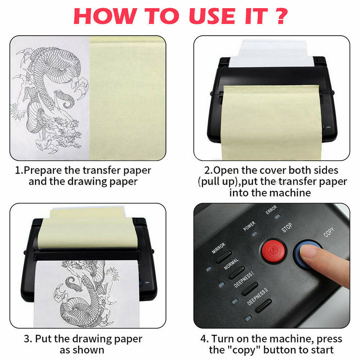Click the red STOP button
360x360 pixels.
tap(273, 251)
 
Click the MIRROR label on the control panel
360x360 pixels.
tap(218, 248)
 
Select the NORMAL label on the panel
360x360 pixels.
tap(231, 264)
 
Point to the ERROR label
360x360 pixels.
tap(271, 210)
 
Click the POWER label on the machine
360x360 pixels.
tap(249, 226)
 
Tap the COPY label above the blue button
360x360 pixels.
tap(329, 232)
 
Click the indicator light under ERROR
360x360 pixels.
tap(278, 216)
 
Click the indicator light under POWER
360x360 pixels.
tap(254, 234)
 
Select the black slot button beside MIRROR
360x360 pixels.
tap(224, 257)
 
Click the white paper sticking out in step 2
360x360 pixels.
tap(272, 54)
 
